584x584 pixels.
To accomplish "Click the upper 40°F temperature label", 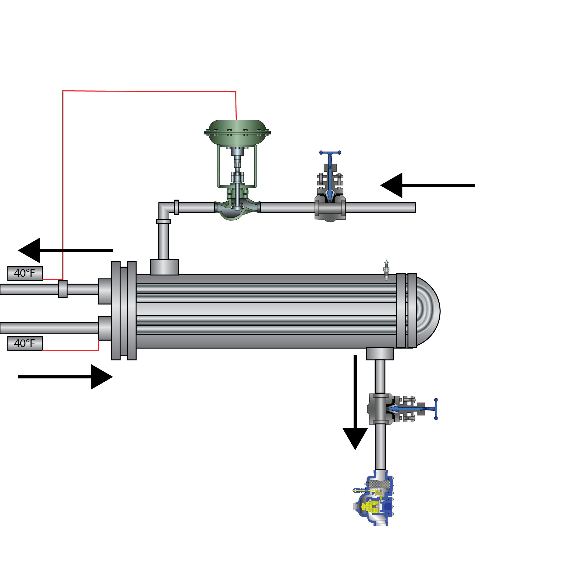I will [25, 273].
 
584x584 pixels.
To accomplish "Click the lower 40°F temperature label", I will [25, 344].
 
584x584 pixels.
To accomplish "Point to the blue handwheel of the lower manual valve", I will [436, 409].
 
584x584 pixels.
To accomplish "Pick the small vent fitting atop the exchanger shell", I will [386, 270].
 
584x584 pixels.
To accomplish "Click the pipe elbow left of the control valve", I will [164, 209].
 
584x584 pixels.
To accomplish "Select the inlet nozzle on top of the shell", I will [164, 267].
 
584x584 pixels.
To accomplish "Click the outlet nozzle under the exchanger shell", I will [380, 353].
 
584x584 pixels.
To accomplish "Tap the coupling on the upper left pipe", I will [63, 289].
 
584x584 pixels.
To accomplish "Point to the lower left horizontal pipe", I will [48, 328].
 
